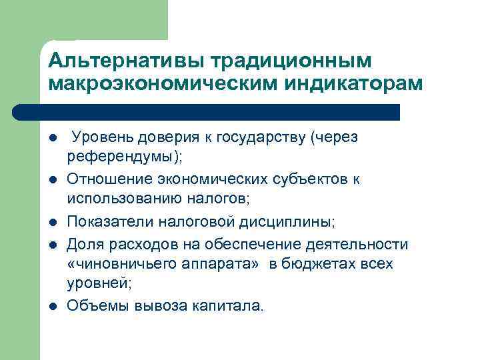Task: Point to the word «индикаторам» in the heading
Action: point(351,84)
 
